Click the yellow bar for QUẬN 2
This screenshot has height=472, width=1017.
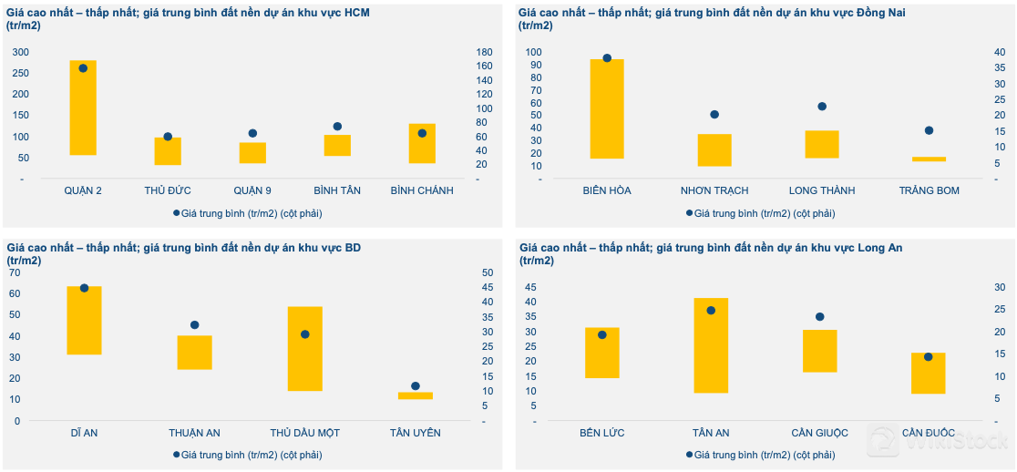coord(83,108)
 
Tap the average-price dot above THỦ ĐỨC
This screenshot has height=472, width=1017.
coord(168,137)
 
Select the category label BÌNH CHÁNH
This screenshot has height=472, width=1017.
coord(422,190)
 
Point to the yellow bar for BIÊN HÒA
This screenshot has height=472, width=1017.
coord(607,108)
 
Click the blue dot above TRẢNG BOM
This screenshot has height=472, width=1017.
coord(930,130)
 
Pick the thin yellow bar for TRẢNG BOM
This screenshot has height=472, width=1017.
coord(930,159)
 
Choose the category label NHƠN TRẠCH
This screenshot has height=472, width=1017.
coord(714,190)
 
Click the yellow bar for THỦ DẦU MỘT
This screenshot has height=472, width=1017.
coord(305,348)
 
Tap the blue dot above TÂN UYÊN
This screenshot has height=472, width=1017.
coord(416,386)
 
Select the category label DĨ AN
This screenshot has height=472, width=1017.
coord(84,433)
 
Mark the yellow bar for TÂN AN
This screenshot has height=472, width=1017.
coord(711,345)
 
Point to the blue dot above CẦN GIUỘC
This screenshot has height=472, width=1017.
coord(819,317)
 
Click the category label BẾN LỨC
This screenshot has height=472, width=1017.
coord(602,433)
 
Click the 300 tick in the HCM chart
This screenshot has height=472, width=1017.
coord(19,52)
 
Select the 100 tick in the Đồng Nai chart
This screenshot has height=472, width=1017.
coord(534,52)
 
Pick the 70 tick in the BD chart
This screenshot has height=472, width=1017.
coord(14,272)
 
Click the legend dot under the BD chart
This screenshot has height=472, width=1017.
coord(177,454)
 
